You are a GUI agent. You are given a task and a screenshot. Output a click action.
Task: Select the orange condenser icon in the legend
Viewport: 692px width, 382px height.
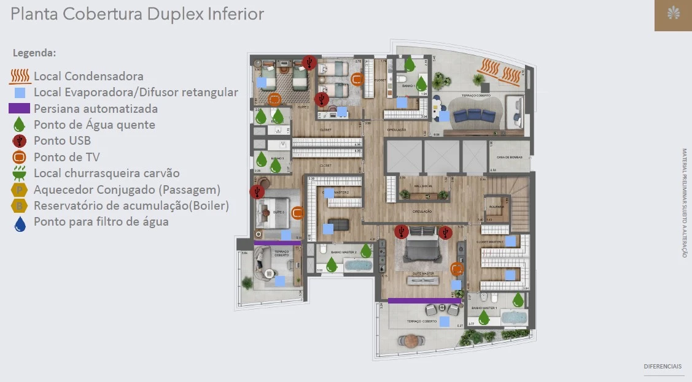click(20, 77)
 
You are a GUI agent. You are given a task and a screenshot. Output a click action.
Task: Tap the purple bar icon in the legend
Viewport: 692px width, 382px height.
click(20, 109)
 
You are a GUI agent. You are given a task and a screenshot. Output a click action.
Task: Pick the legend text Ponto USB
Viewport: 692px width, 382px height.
click(62, 140)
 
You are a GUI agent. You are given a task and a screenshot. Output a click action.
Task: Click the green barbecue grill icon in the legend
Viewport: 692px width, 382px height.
click(20, 173)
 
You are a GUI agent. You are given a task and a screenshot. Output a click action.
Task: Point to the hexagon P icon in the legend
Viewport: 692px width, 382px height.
click(20, 189)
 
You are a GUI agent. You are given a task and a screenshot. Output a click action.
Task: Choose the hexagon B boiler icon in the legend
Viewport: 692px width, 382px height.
click(20, 205)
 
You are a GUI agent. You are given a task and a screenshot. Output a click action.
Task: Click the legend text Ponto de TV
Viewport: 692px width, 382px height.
click(66, 157)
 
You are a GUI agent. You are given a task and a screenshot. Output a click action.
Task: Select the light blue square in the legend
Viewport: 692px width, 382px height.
click(20, 93)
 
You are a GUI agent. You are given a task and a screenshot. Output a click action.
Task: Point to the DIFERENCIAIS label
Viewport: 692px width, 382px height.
click(663, 366)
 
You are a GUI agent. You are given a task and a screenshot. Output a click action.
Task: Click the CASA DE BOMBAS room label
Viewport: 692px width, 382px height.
click(509, 158)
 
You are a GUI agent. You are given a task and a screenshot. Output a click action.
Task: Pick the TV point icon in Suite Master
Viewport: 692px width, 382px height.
click(457, 269)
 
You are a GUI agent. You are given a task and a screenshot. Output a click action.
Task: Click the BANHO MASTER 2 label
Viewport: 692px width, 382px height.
click(343, 252)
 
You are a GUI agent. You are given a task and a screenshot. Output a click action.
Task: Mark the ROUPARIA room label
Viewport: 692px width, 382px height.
click(497, 207)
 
